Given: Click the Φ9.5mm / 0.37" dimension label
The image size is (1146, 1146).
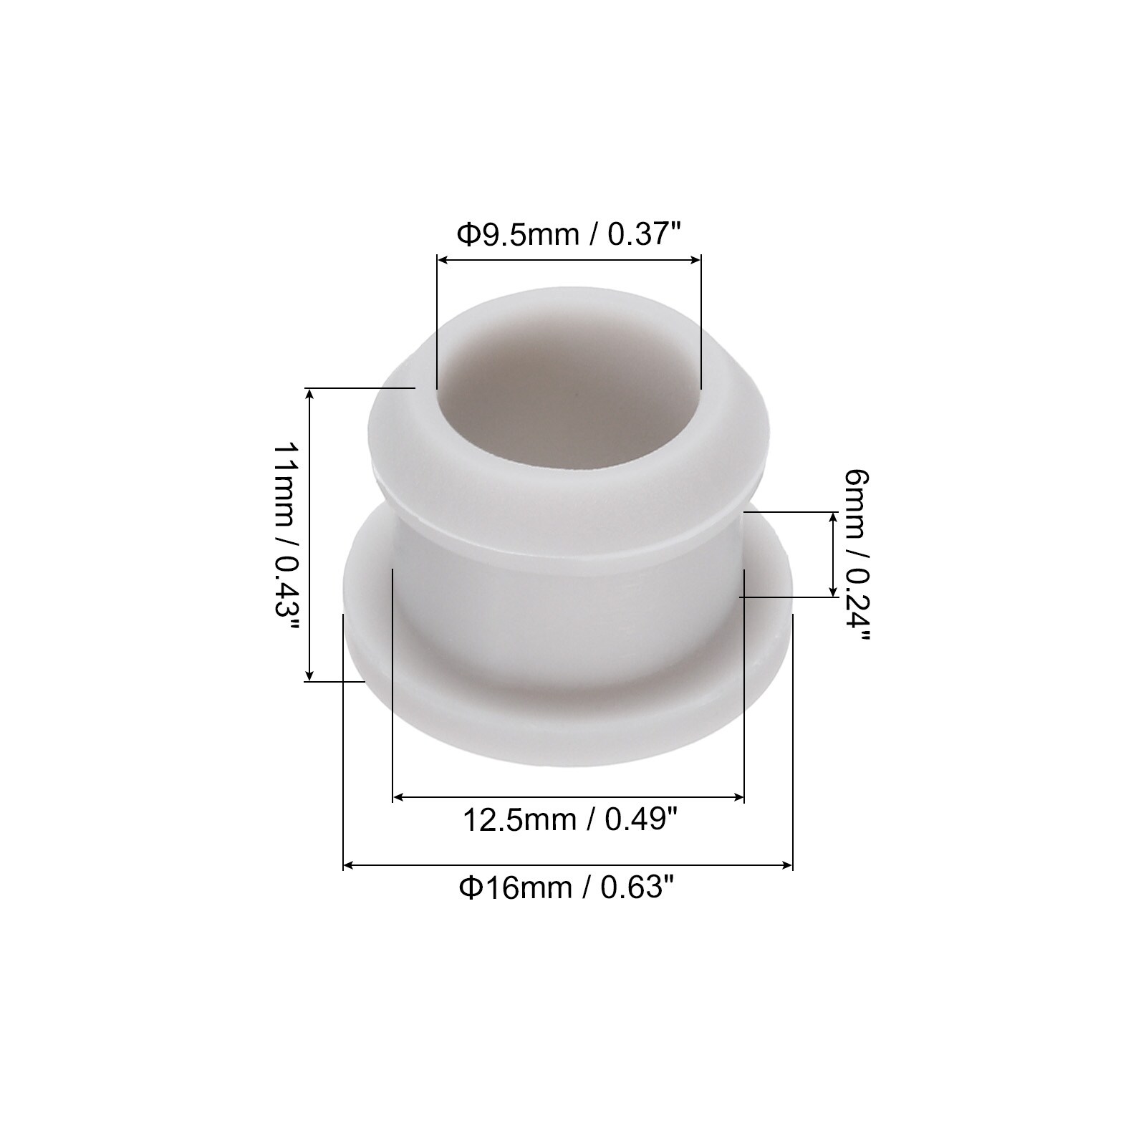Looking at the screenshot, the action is click(x=569, y=234).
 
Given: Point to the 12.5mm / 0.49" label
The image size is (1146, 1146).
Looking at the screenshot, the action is click(x=569, y=819).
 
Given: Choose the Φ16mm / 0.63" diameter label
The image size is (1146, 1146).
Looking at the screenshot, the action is click(x=568, y=888).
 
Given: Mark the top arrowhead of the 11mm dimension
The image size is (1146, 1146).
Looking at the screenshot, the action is click(x=309, y=394).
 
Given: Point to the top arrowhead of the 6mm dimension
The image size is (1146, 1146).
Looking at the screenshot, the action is click(x=832, y=519).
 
